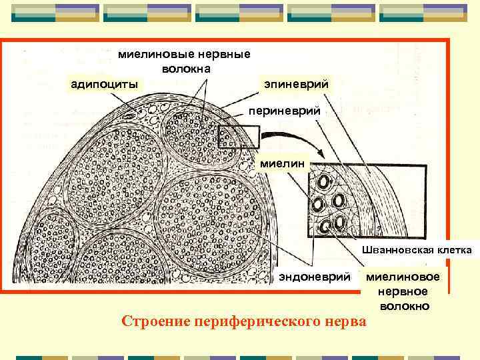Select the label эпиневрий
click(296, 85)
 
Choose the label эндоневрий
click(314, 276)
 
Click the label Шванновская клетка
click(417, 250)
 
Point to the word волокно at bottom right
click(405, 306)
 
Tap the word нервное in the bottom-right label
click(403, 291)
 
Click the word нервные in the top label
click(220, 55)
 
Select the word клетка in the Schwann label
click(454, 250)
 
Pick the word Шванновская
click(399, 250)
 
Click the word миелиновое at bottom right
click(403, 277)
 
